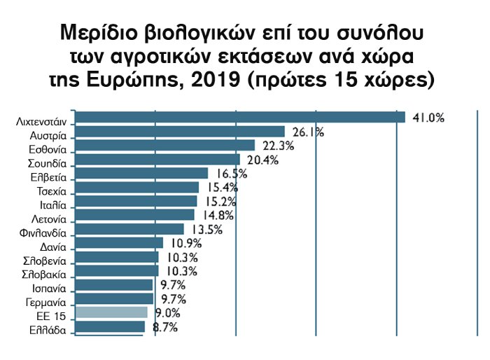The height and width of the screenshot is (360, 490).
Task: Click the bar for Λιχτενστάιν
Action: click(x=239, y=118)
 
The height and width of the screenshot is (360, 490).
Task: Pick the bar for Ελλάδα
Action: click(x=109, y=326)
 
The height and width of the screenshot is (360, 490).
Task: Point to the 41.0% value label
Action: click(x=428, y=118)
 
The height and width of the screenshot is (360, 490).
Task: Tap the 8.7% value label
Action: click(x=165, y=326)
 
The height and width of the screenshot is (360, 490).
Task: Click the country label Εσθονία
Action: click(x=48, y=148)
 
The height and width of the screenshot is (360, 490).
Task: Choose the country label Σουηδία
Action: click(x=48, y=162)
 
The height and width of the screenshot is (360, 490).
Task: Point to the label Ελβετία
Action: click(x=49, y=176)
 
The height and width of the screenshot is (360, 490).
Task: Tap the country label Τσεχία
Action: click(x=51, y=191)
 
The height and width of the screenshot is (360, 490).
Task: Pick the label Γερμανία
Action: click(x=45, y=303)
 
